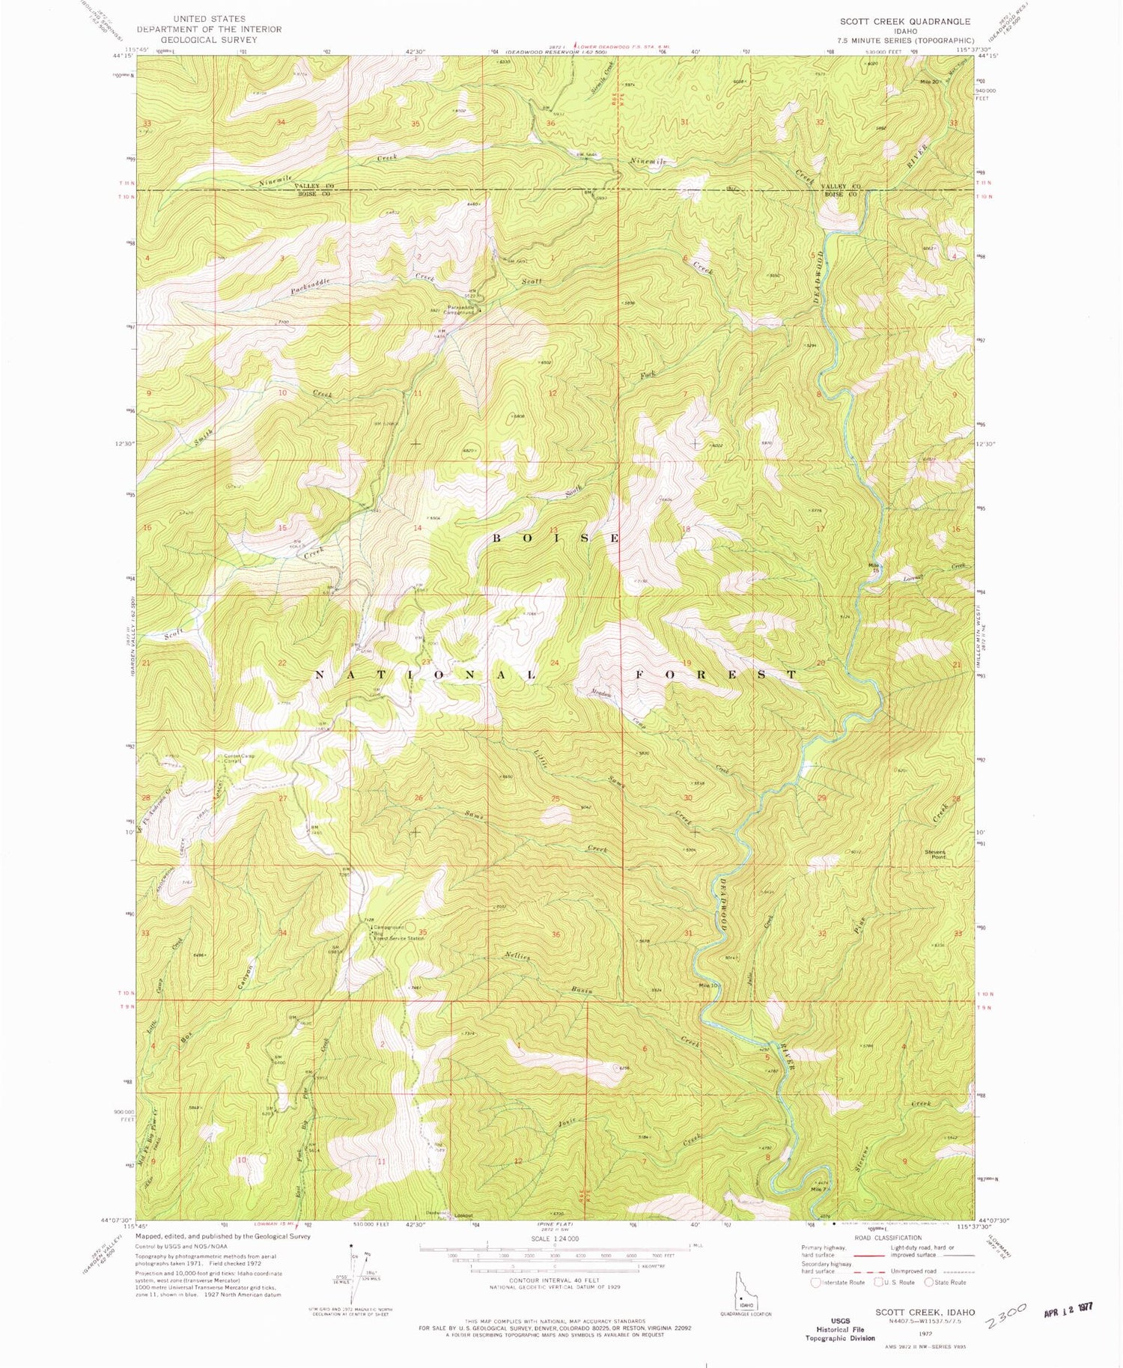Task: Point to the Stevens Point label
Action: (935, 854)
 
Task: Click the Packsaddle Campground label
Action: (463, 309)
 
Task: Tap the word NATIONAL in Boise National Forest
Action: (425, 675)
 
